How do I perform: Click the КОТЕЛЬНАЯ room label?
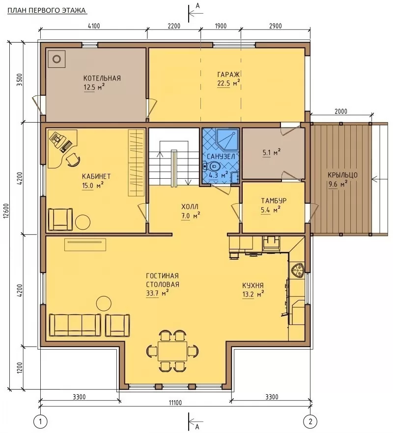coord(102,78)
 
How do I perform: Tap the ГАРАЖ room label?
coord(228,74)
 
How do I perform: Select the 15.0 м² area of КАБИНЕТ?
coord(93,186)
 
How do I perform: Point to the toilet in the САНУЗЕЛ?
coord(212,166)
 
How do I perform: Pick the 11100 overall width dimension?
coord(175,403)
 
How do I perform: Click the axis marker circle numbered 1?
coord(41,422)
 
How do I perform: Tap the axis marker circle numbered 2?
coord(310,422)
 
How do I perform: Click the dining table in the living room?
coord(172,351)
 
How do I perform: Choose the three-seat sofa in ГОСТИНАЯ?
coord(75,325)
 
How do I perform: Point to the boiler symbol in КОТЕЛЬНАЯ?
coord(56,59)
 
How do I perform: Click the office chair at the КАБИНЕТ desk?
coord(73,160)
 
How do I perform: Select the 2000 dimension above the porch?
coord(341,111)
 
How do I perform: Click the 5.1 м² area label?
coord(271,152)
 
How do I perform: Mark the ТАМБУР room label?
coord(274,201)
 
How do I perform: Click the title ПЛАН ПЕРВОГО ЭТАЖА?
coord(47,10)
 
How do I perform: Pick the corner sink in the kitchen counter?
coord(297,270)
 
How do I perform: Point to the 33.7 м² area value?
coord(157,293)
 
